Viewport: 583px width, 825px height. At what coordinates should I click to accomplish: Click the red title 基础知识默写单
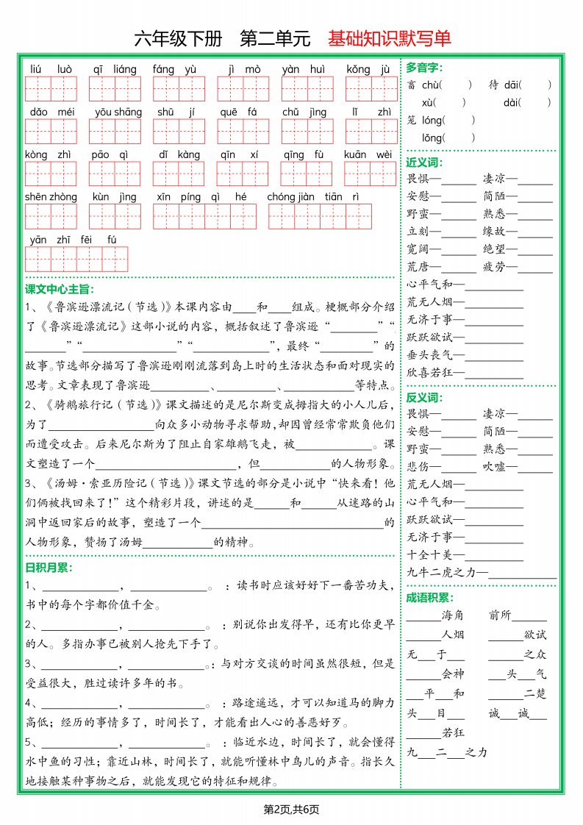tap(390, 39)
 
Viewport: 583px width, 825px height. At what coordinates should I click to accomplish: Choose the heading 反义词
tap(423, 397)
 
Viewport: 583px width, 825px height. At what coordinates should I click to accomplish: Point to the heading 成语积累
tap(429, 598)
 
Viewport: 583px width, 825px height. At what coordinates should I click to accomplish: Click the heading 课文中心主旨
tap(60, 289)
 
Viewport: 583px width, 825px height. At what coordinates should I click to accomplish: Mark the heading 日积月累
tap(48, 567)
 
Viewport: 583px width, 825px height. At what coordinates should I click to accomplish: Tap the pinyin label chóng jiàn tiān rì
tap(313, 197)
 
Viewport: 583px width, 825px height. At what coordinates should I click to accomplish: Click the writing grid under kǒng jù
tap(371, 89)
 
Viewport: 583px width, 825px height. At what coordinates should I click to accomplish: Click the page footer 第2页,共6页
tap(291, 810)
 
